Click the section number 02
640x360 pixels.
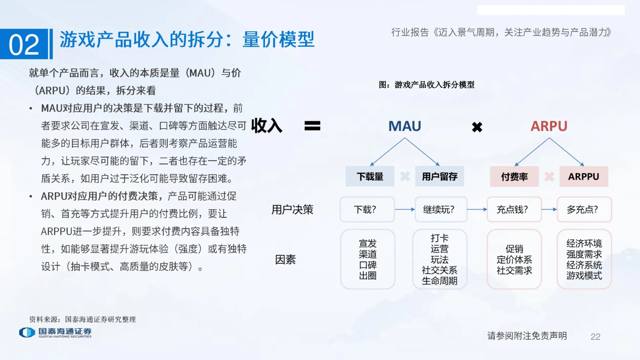[x=24, y=45]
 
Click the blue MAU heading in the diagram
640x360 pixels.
[x=405, y=126]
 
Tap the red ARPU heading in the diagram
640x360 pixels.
[x=549, y=126]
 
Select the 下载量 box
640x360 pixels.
[x=370, y=176]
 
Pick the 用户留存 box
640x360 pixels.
[x=439, y=176]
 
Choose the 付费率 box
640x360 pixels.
[x=514, y=176]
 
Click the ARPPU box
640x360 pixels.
[x=583, y=176]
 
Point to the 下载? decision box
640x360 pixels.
[x=367, y=209]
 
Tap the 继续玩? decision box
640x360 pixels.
[x=441, y=209]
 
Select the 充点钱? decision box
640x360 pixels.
[x=514, y=209]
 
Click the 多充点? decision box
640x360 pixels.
[x=584, y=209]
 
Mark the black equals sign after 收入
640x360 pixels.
[x=312, y=126]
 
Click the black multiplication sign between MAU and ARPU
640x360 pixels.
[x=477, y=127]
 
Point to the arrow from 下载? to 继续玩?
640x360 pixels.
[x=405, y=209]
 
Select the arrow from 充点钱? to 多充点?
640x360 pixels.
[x=549, y=209]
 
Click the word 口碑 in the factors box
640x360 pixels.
[x=368, y=265]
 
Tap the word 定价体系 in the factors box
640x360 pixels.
[x=514, y=260]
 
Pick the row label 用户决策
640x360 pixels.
[x=292, y=209]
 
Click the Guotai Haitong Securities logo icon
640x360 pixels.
[x=27, y=332]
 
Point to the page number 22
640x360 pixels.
[x=595, y=337]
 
